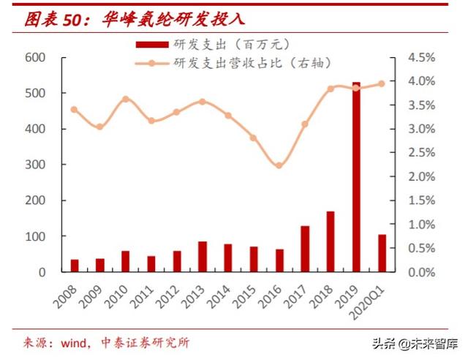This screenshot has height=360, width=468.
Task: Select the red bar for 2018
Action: [331, 241]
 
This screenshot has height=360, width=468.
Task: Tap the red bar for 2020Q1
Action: [382, 253]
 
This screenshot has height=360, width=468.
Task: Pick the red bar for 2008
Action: [75, 266]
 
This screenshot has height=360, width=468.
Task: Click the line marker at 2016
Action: [279, 165]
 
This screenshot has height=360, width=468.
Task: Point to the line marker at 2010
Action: [126, 99]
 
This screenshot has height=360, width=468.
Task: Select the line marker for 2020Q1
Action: [381, 83]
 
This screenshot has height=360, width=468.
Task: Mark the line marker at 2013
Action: [203, 102]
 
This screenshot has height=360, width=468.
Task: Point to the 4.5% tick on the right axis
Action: [420, 57]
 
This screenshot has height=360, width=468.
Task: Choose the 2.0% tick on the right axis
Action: [420, 176]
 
